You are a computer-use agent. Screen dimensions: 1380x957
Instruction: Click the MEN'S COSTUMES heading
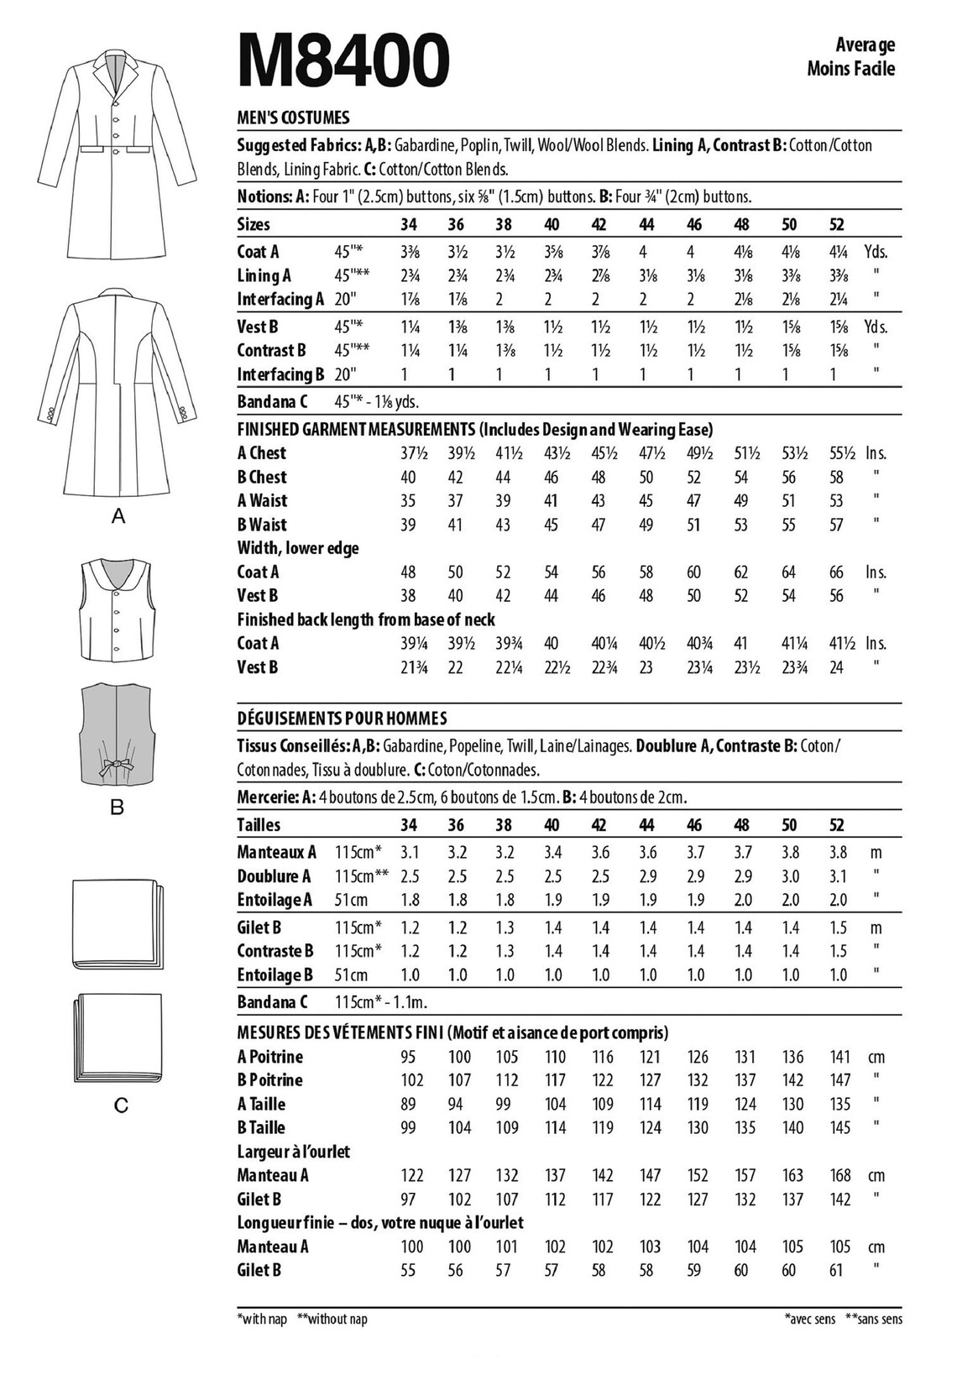tap(293, 118)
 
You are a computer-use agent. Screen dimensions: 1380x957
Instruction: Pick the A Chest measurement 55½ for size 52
tap(839, 453)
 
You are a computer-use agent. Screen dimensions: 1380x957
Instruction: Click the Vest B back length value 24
tap(836, 667)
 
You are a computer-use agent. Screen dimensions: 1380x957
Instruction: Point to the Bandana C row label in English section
tap(273, 401)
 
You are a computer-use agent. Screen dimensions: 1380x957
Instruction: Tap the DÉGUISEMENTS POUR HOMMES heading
tap(342, 719)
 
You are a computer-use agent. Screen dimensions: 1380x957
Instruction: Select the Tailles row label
tap(259, 825)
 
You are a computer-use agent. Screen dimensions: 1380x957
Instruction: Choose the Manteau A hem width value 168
tap(840, 1175)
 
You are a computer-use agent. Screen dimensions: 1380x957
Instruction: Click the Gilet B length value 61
tap(836, 1270)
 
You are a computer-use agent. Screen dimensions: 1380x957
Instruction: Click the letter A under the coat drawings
tap(118, 517)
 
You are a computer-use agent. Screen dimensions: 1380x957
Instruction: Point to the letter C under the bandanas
tap(120, 1106)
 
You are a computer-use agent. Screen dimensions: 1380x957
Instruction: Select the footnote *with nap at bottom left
tap(263, 1319)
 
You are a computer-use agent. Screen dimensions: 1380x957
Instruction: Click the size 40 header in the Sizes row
tap(552, 224)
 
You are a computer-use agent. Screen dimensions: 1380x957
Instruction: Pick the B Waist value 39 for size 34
tap(408, 525)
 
